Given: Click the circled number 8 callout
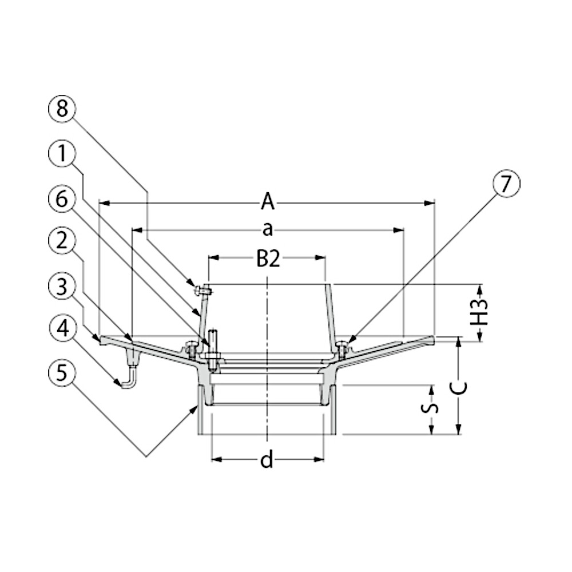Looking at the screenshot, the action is pos(62,108).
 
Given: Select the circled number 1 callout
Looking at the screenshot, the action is pos(62,153).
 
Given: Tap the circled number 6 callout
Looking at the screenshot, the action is pos(62,199).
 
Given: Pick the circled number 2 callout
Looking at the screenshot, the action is pos(62,241).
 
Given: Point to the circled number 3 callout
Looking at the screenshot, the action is pos(62,286).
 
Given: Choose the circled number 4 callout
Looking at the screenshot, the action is pos(62,328).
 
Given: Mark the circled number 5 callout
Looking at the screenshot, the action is pos(62,373).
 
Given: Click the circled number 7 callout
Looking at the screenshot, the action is pos(506,184).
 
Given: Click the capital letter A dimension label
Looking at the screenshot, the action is pos(267,202).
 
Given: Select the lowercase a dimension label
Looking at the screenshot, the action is pos(267,230).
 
